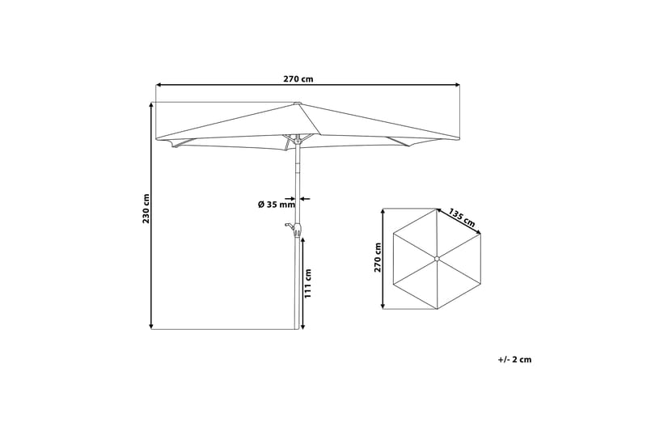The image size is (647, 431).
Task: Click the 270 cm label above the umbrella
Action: [298, 78]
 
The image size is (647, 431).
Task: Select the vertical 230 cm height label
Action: [146, 209]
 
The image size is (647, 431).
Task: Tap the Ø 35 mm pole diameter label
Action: [277, 204]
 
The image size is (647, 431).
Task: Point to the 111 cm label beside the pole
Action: [308, 283]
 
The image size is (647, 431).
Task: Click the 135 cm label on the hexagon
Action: [462, 218]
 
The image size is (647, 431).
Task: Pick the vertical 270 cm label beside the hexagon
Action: [378, 257]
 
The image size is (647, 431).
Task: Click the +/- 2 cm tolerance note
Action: [514, 359]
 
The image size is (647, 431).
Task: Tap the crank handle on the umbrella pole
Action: [294, 228]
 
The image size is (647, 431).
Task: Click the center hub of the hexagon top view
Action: [437, 259]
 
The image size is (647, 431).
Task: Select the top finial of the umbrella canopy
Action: [298, 103]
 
